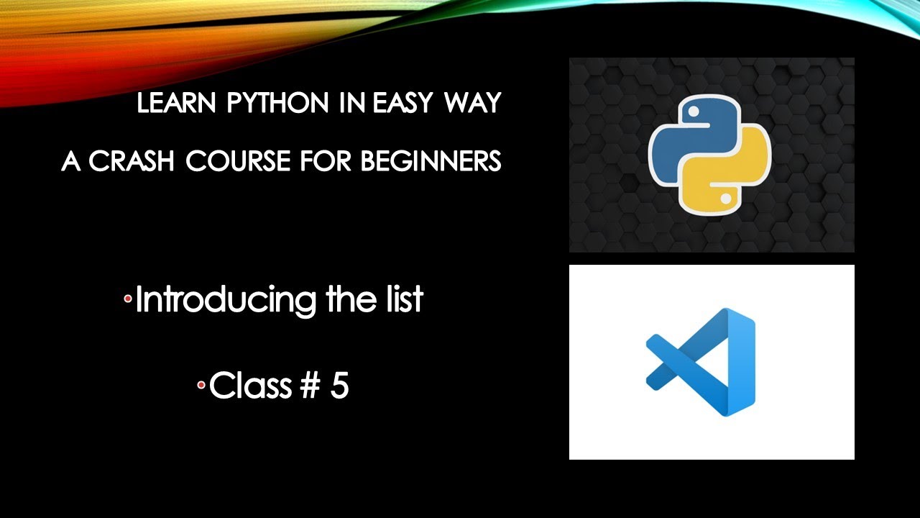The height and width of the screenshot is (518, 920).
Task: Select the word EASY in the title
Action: coord(402,104)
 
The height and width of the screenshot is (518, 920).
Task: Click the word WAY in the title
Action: coord(471,104)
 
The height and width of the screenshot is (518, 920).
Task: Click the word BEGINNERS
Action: coord(431,162)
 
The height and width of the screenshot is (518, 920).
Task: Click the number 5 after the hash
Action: coord(340,386)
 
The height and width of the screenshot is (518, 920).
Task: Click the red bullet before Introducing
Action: coord(128,297)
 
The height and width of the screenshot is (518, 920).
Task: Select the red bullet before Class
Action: coord(202,385)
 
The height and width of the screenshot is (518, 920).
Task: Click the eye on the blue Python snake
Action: coord(694,113)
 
